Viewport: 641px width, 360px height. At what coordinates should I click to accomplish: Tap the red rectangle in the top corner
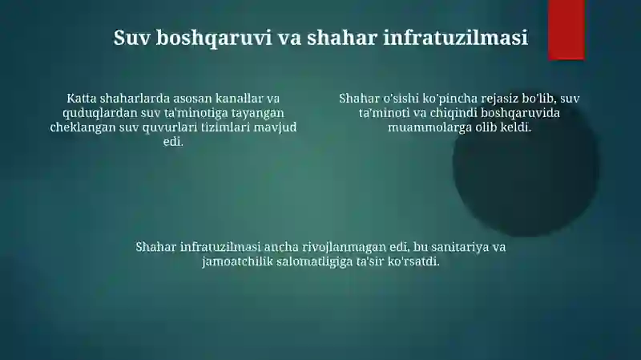566,29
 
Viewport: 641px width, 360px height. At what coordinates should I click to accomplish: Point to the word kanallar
236,99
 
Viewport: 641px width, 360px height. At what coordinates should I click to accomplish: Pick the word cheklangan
82,127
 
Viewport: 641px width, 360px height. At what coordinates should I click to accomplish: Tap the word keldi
514,127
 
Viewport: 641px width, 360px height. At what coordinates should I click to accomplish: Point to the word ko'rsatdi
413,261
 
